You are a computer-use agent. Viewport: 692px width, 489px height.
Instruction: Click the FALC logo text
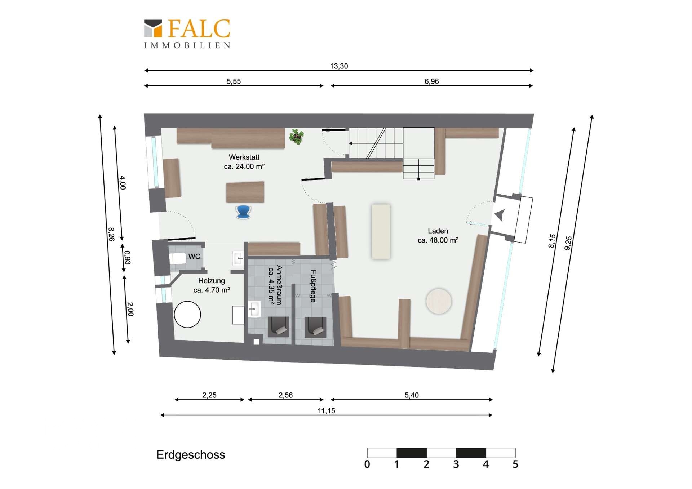[199, 28]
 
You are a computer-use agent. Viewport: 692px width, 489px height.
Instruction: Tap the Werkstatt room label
[244, 157]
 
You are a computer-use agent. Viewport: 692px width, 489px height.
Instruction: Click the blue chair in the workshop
[243, 212]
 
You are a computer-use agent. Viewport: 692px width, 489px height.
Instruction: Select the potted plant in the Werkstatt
[297, 137]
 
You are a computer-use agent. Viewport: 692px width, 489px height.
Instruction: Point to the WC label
[194, 256]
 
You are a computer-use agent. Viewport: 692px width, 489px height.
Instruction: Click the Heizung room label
[212, 281]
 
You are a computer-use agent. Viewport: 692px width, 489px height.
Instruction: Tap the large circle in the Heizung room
[187, 314]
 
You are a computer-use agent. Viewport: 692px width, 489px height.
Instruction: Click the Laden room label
[438, 231]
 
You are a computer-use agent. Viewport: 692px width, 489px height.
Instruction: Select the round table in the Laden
[439, 301]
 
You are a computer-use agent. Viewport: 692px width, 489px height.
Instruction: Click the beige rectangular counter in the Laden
[381, 231]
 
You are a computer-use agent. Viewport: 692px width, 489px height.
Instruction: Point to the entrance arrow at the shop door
[500, 215]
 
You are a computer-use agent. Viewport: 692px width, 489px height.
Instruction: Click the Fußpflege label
[313, 286]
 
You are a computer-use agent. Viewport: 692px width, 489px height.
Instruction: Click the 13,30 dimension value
[339, 66]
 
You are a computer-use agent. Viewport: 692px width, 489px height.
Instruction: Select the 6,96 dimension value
[431, 81]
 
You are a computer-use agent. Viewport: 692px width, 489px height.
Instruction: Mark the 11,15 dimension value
[326, 411]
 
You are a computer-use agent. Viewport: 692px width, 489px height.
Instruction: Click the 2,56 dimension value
[285, 395]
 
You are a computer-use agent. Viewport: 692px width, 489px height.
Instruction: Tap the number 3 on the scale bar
[456, 464]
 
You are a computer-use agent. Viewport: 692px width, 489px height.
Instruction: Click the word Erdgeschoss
[191, 455]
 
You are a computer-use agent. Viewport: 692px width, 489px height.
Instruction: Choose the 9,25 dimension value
[568, 243]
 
